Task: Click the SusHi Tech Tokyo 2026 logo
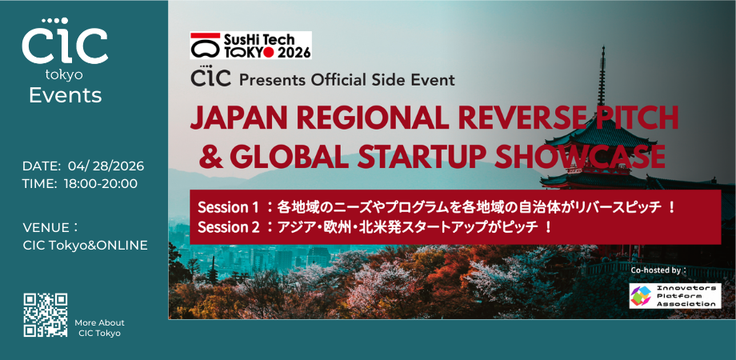[x=250, y=45]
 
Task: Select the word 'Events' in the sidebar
[x=65, y=96]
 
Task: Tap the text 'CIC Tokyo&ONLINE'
[x=86, y=246]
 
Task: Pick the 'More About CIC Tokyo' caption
[x=100, y=327]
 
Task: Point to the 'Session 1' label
[x=228, y=207]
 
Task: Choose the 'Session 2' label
[x=228, y=227]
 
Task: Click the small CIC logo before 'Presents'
[x=209, y=79]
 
